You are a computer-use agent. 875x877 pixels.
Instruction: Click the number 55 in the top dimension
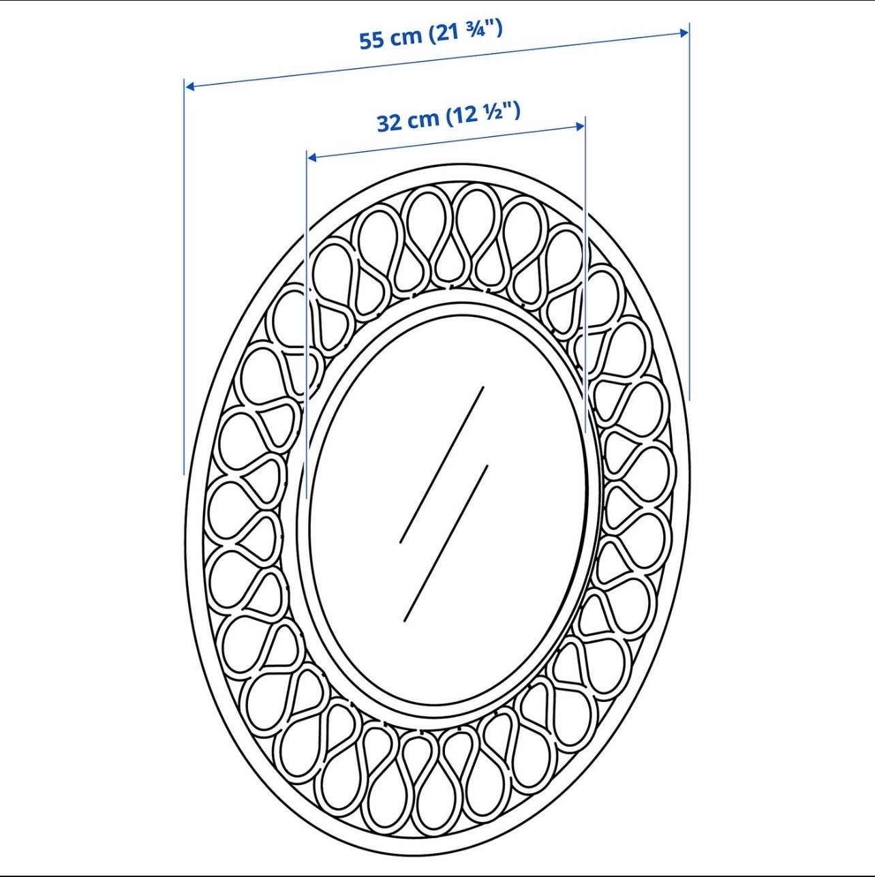tap(371, 40)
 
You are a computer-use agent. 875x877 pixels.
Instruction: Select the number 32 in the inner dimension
tap(389, 123)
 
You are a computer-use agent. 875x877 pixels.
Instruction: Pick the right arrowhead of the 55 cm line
tap(684, 32)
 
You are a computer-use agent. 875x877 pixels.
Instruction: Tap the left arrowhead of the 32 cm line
tap(312, 157)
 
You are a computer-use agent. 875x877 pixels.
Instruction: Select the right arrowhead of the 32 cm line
tap(580, 127)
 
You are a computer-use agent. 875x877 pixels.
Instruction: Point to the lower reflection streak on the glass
tap(446, 543)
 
